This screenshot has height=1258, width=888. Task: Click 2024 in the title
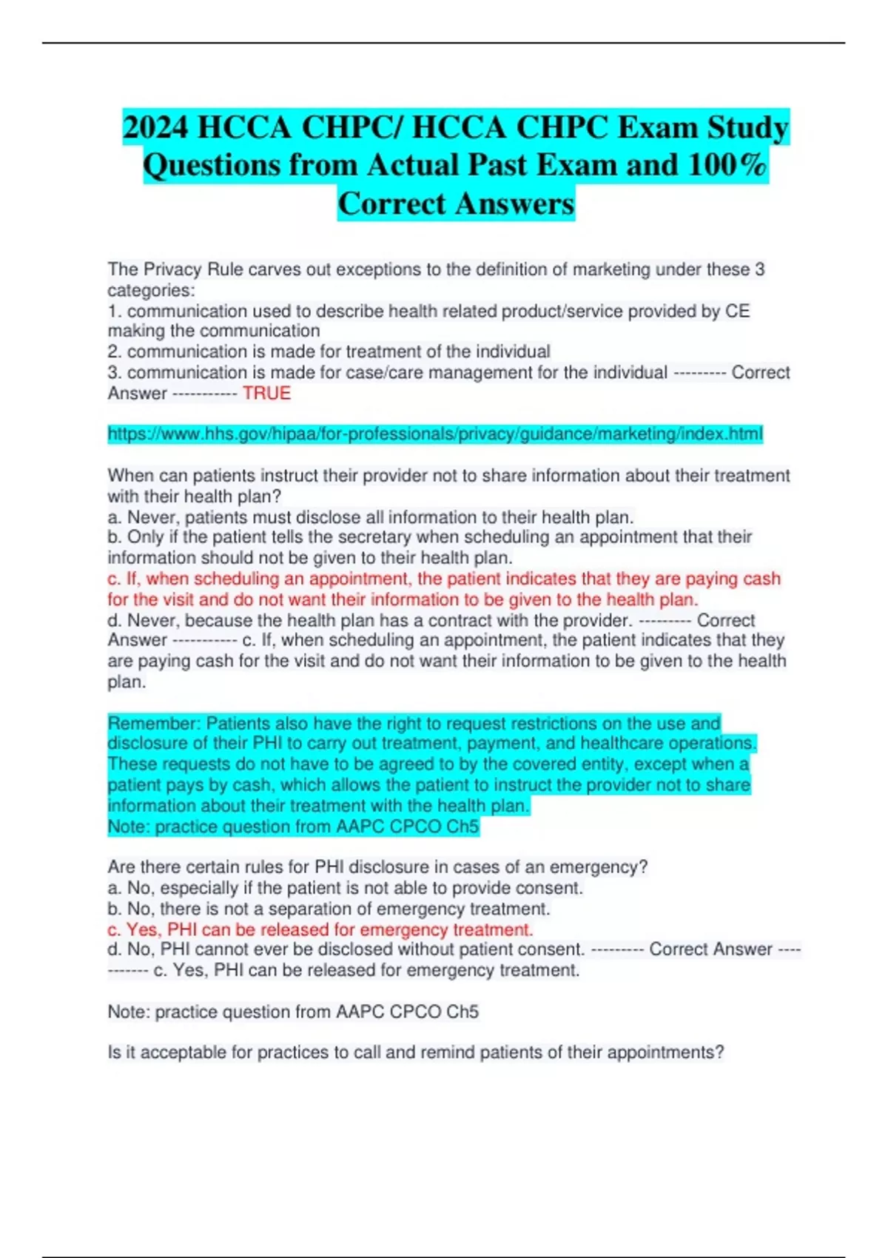[x=155, y=127]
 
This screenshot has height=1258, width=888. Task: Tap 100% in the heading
[x=727, y=164]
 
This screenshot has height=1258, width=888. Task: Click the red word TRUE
[x=266, y=393]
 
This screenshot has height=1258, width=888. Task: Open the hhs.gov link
[x=435, y=434]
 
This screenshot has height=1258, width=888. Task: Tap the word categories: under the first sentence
[x=151, y=290]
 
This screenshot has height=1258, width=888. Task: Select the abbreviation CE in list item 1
[x=737, y=311]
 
